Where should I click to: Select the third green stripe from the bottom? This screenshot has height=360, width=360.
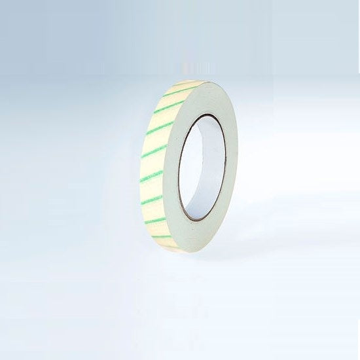[x=153, y=198]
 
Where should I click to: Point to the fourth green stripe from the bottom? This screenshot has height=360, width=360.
[x=151, y=175]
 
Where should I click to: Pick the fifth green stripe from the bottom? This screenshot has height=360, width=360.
[x=154, y=152]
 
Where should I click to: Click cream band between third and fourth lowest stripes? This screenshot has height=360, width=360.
[x=151, y=187]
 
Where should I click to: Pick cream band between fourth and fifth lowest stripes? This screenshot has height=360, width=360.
[x=153, y=164]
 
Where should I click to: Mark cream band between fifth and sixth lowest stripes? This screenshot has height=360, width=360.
[x=158, y=140]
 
